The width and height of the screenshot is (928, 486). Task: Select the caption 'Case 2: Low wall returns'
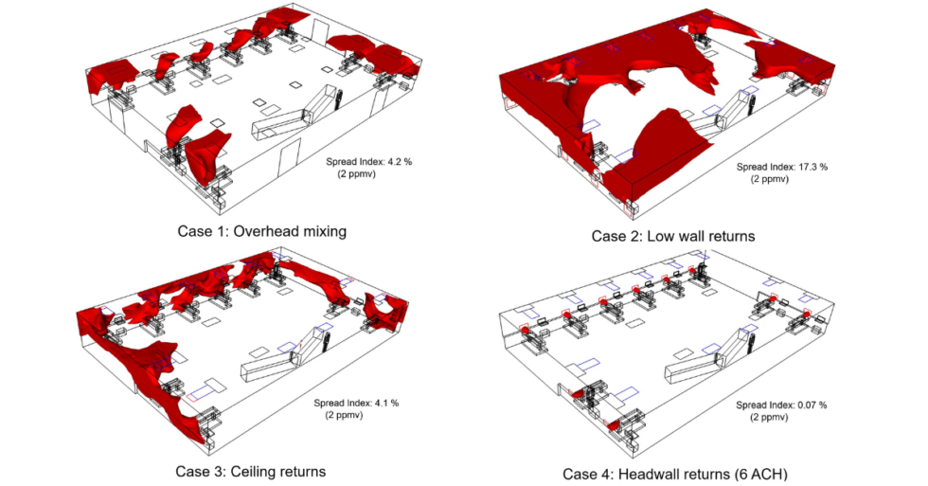click(673, 236)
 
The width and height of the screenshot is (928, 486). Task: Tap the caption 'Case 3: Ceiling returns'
click(250, 471)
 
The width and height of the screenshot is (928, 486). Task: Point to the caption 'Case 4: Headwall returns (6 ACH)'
click(673, 474)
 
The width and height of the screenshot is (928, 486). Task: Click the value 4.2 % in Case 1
click(394, 162)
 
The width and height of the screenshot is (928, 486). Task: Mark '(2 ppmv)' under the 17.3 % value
click(768, 179)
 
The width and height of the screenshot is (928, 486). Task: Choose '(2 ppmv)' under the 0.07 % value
click(768, 417)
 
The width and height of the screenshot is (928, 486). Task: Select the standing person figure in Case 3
click(326, 341)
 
